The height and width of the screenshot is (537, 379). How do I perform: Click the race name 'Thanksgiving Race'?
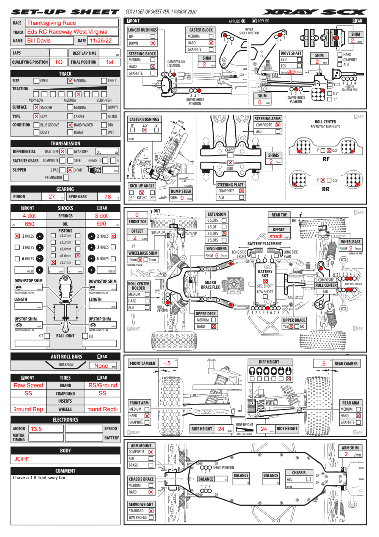52,23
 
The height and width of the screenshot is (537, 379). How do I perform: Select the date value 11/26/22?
101,41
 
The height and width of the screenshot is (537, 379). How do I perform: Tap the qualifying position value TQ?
58,62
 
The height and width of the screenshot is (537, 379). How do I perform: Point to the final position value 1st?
110,62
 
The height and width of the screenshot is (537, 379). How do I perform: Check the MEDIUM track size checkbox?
70,81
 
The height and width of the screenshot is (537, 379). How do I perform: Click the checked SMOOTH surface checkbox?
36,107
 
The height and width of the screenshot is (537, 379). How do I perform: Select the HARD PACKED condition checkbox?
70,125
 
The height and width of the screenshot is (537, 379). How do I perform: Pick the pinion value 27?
52,197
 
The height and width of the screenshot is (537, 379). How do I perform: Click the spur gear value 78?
108,197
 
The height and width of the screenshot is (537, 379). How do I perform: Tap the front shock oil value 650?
30,224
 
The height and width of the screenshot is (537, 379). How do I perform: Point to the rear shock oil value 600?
101,224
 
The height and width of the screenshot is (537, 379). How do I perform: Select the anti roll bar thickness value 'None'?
101,366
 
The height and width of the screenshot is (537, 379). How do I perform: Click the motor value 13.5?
36,429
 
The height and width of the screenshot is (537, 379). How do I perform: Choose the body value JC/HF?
22,459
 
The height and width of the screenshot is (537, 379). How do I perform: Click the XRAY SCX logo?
315,12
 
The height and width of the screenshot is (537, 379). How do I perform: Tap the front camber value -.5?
167,363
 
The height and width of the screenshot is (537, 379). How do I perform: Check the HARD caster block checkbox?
211,43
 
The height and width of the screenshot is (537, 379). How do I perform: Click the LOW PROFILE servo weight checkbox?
151,517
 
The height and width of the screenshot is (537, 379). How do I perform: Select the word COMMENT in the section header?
65,471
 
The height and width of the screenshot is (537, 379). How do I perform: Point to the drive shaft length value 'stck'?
292,72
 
